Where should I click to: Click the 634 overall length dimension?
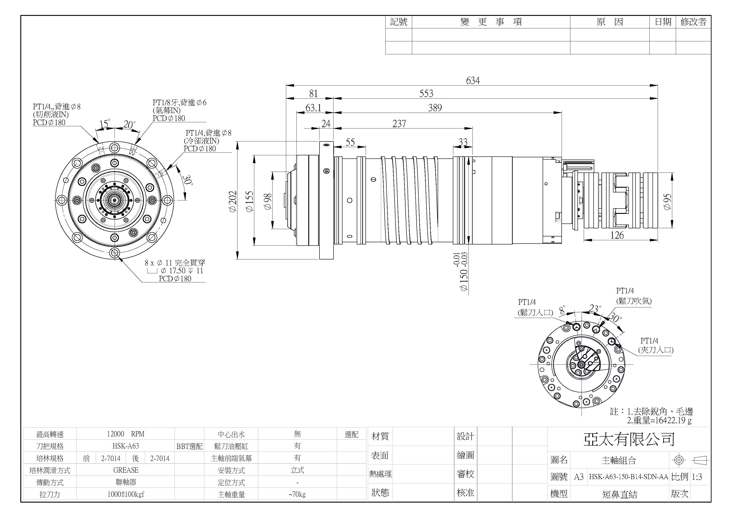coord(472,80)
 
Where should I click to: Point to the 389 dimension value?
coord(435,108)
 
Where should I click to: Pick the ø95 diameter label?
coord(667,202)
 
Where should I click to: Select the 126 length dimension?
coord(617,235)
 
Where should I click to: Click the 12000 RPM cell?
coord(126,434)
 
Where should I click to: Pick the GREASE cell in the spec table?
coord(126,470)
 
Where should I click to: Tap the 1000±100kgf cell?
coord(126,494)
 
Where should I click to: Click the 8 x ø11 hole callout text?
coord(175,263)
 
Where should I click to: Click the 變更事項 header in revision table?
coord(491,22)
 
